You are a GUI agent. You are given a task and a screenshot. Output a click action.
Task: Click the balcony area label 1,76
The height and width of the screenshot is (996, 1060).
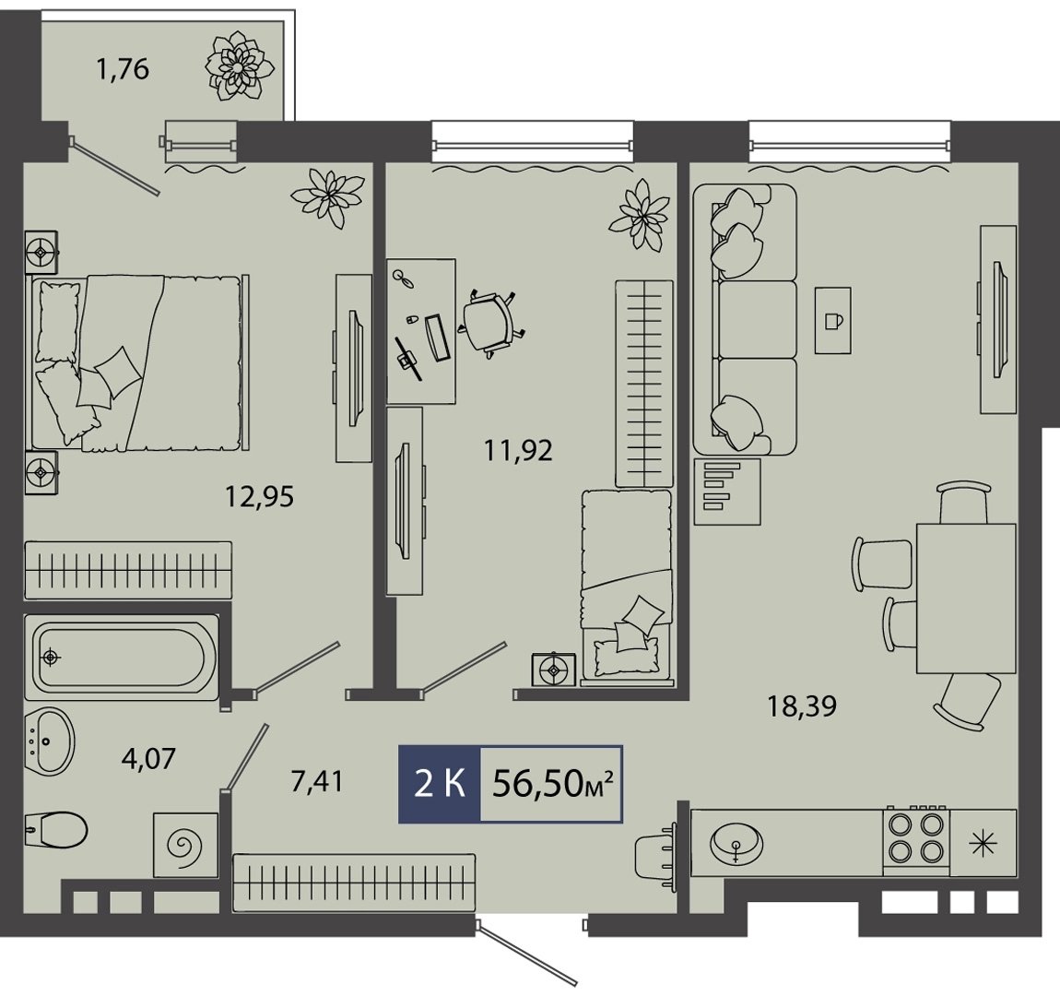[123, 70]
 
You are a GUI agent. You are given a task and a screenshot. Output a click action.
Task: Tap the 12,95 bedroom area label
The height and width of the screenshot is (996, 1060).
[260, 498]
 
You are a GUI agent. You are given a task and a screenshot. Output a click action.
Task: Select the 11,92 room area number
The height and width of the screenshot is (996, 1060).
[519, 450]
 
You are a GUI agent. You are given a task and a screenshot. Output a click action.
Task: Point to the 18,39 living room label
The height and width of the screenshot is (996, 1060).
[802, 705]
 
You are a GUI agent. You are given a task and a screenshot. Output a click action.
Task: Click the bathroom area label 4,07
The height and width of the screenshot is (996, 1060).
[148, 758]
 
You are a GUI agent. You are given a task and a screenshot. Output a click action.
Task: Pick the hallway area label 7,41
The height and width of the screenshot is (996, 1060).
[317, 782]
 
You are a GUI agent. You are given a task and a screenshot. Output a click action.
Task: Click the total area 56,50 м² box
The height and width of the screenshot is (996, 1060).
[551, 785]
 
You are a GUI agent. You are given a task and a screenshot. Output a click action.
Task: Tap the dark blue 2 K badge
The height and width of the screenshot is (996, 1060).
[440, 785]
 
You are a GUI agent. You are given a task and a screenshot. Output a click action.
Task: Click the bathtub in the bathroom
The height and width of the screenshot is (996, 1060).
[122, 657]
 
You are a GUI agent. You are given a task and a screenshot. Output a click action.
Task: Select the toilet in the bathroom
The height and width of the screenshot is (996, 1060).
[57, 827]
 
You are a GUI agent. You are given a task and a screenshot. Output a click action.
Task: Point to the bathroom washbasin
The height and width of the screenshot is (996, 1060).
[49, 741]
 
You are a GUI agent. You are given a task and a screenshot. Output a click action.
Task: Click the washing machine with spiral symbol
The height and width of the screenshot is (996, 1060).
[185, 845]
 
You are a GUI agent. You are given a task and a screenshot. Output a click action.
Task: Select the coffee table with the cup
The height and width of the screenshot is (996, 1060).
[833, 320]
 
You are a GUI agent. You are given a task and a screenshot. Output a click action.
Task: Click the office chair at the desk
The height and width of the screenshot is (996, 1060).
[492, 321]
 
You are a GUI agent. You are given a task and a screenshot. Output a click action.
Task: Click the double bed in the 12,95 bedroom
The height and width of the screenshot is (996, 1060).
[137, 363]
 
